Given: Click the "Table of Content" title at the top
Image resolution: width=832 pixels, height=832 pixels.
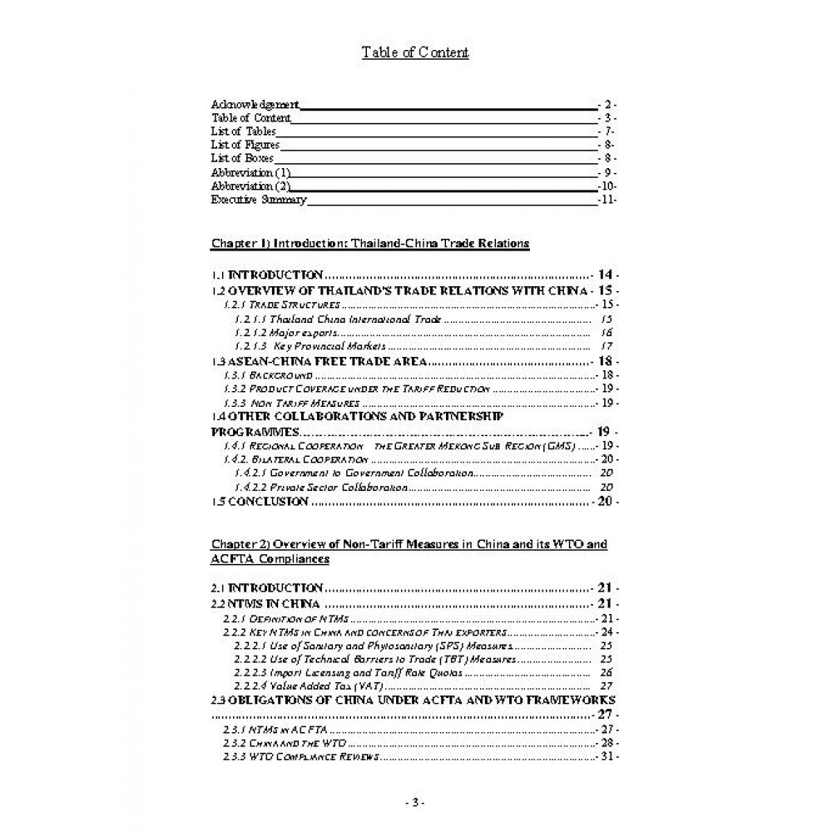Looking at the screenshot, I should [415, 52].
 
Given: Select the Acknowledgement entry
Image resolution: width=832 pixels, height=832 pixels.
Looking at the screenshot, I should [255, 105].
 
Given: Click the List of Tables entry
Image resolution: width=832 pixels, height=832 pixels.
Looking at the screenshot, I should [243, 131].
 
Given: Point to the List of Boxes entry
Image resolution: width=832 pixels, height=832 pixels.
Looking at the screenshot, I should [242, 158].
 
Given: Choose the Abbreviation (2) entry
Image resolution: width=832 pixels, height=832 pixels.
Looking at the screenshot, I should [250, 186].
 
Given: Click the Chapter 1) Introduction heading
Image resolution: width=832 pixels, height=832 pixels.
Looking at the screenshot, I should [370, 244].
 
